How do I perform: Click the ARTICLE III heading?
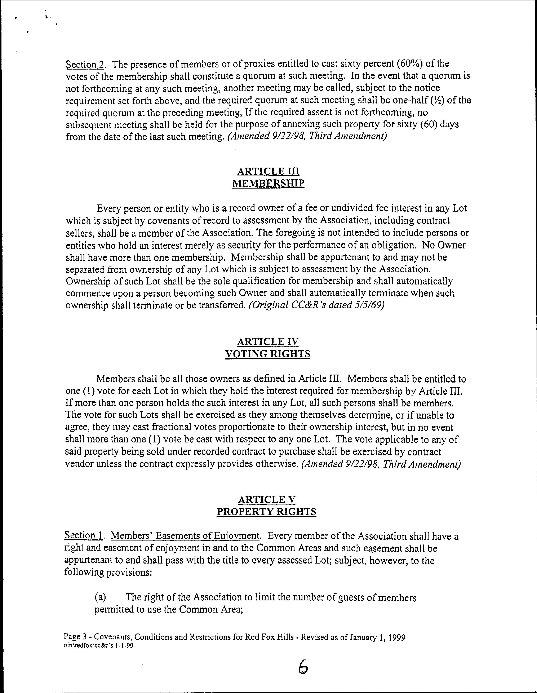tap(268, 171)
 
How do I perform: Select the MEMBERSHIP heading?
tap(268, 183)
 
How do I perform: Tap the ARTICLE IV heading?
tap(268, 342)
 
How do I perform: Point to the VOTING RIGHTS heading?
tap(267, 354)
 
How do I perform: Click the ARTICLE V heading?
tap(266, 499)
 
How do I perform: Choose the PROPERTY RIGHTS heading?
tap(266, 512)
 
